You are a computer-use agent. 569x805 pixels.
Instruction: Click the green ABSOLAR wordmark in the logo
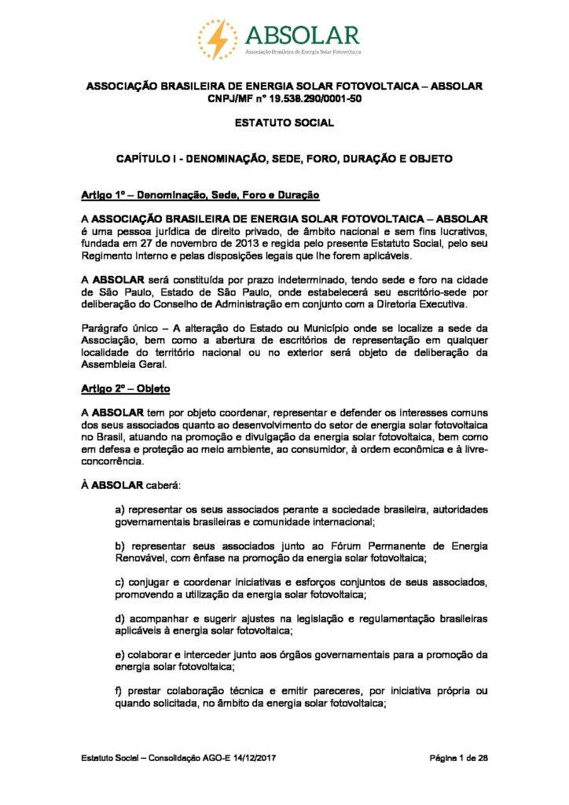(302, 35)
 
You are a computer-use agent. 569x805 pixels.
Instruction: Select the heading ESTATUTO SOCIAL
(284, 123)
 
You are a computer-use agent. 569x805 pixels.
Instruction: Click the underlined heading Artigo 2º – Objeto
(125, 390)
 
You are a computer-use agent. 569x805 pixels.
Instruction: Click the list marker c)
(119, 582)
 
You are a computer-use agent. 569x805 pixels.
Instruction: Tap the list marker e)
(119, 654)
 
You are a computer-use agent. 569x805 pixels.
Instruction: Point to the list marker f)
(119, 690)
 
